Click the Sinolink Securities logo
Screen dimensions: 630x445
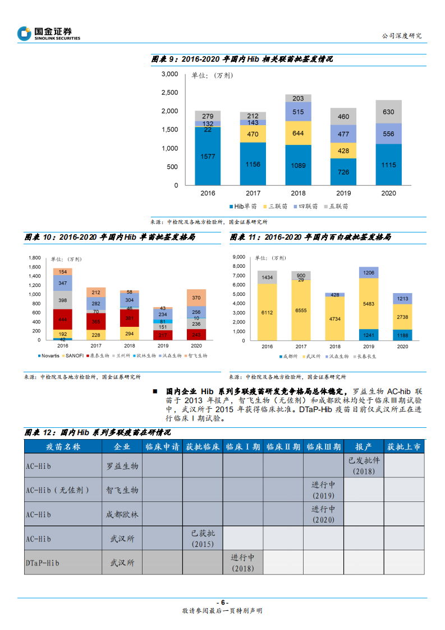[49, 34]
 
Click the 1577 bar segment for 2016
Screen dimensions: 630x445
[208, 156]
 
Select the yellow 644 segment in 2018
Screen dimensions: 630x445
[298, 133]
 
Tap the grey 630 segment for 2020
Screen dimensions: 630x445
[388, 112]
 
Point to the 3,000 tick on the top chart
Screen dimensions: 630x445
[169, 74]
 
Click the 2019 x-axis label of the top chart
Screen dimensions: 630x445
[343, 193]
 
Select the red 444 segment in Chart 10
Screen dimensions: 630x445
[62, 319]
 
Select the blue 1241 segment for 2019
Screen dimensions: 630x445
[369, 335]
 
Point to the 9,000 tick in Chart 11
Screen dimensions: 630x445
[238, 257]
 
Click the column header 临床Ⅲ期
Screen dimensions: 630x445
[323, 446]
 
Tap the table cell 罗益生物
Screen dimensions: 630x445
[122, 466]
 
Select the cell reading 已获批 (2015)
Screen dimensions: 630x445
[203, 538]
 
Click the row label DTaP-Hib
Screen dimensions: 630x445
[43, 563]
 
